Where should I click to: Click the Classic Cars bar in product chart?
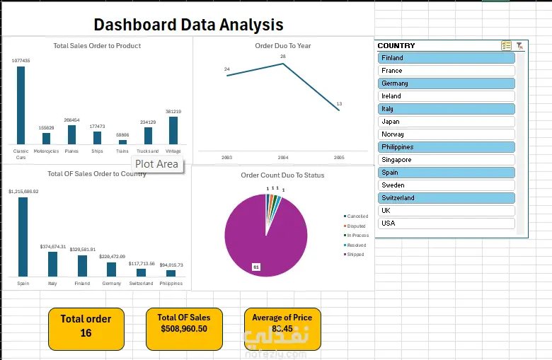coord(21,105)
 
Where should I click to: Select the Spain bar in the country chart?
coord(23,236)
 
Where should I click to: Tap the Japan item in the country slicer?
coord(446,122)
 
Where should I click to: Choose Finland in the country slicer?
coord(446,58)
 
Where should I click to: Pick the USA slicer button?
coord(446,223)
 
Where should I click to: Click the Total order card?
coord(86,325)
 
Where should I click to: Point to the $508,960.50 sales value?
coord(183,329)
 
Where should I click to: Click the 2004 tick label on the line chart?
coord(283,157)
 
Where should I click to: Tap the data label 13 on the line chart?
coord(339,104)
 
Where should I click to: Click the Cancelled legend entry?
coord(356,216)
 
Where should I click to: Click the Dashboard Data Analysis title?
coord(188,25)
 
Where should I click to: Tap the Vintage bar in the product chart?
coord(173,130)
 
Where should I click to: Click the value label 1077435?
coord(21,61)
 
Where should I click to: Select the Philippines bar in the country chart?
coord(171,272)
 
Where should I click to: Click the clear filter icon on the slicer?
coord(519,45)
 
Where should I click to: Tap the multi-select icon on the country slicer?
coord(506,45)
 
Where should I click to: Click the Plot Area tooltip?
coord(157,164)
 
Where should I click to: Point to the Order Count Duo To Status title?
coord(282,175)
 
